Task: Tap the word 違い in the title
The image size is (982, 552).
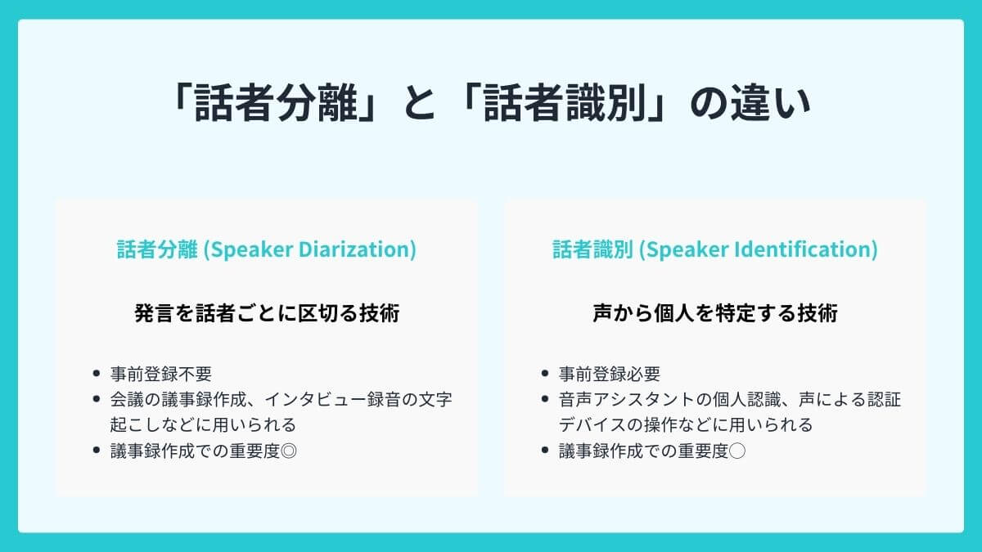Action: tap(771, 104)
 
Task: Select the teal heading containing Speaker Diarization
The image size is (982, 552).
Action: tap(267, 249)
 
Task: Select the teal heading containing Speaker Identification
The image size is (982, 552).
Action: tap(714, 249)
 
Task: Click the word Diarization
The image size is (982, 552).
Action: tap(355, 249)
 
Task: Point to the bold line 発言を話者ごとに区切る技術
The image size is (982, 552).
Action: tap(267, 313)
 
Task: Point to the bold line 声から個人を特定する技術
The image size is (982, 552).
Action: tap(714, 313)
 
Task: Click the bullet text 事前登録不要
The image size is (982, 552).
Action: tap(161, 374)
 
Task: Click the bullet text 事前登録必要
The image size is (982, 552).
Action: tap(610, 374)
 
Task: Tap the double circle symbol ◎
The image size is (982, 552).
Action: tap(287, 450)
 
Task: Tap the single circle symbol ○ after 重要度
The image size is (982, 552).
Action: tap(736, 450)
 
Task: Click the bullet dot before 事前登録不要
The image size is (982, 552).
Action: tap(97, 374)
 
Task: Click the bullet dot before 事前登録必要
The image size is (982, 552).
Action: tap(545, 374)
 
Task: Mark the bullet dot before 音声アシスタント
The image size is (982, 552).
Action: tap(545, 400)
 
